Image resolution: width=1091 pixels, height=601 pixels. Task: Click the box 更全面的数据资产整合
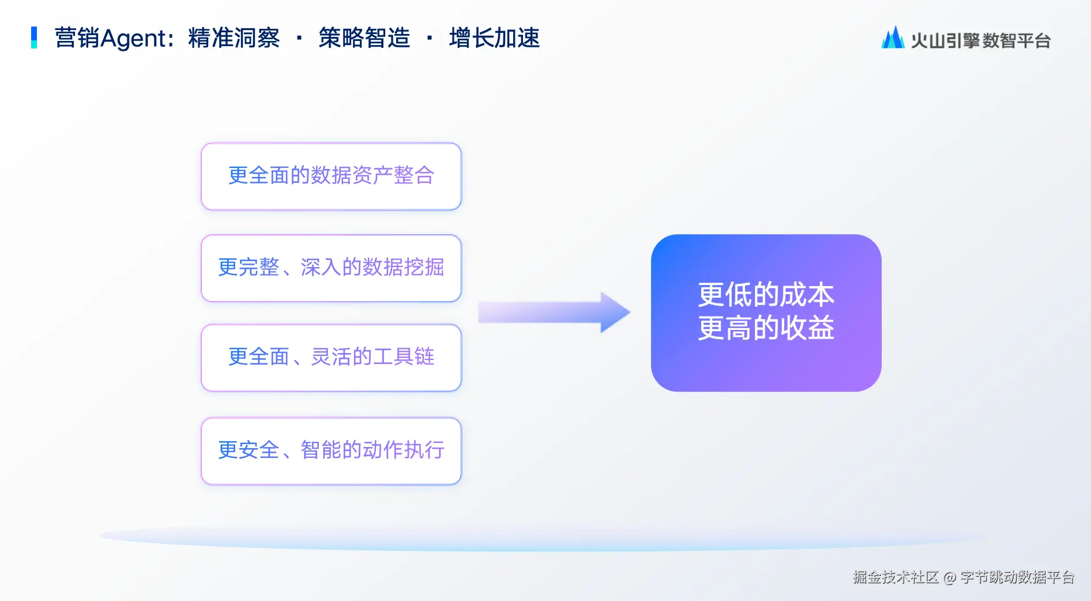[x=331, y=176]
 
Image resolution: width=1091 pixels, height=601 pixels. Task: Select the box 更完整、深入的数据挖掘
[x=331, y=268]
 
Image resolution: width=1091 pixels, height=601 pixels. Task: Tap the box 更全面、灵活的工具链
[x=331, y=358]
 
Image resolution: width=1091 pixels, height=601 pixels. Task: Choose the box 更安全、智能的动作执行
[x=331, y=451]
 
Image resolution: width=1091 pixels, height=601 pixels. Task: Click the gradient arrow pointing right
[x=554, y=312]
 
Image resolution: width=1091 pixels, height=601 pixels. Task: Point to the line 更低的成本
[x=766, y=295]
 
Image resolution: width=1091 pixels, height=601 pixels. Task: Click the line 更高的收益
[x=766, y=328]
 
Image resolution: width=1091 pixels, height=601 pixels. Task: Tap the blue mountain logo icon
[x=893, y=37]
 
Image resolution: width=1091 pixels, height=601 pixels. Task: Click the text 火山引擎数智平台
[x=980, y=40]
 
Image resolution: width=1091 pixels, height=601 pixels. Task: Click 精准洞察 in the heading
[x=234, y=38]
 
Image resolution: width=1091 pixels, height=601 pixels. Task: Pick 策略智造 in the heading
[x=364, y=38]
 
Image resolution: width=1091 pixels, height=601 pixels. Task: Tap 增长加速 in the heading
[x=494, y=38]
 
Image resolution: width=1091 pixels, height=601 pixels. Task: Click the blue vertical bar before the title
[x=34, y=37]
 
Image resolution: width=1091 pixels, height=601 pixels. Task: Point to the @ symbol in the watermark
[x=950, y=577]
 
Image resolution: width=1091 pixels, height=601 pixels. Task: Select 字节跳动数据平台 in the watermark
[x=1018, y=577]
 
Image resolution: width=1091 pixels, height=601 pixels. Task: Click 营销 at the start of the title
[x=77, y=38]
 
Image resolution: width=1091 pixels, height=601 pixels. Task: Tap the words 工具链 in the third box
[x=403, y=357]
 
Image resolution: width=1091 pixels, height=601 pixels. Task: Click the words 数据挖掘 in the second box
[x=403, y=267]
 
